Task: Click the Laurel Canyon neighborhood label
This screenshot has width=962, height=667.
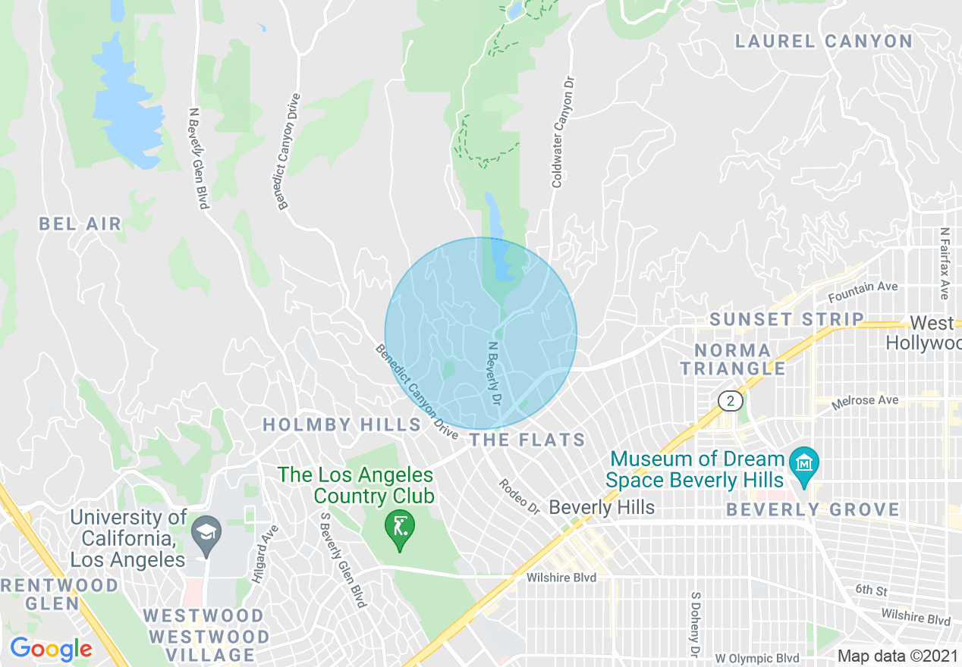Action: click(x=824, y=42)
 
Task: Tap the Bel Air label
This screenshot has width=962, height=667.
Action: click(x=80, y=224)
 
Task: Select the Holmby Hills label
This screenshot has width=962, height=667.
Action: click(x=341, y=424)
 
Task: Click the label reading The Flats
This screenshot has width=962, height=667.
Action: click(x=527, y=440)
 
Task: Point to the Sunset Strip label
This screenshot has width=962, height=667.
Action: click(x=787, y=319)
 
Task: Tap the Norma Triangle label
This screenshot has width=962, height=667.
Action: click(x=733, y=359)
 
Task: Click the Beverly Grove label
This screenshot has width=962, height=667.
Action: click(x=813, y=509)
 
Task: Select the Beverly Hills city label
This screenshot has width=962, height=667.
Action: click(x=602, y=506)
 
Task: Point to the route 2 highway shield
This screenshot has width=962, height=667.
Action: click(x=731, y=401)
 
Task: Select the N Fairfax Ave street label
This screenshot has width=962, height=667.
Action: click(x=944, y=263)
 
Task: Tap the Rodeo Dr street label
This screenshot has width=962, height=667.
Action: click(x=518, y=498)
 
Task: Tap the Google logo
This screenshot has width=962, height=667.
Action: click(x=51, y=649)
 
